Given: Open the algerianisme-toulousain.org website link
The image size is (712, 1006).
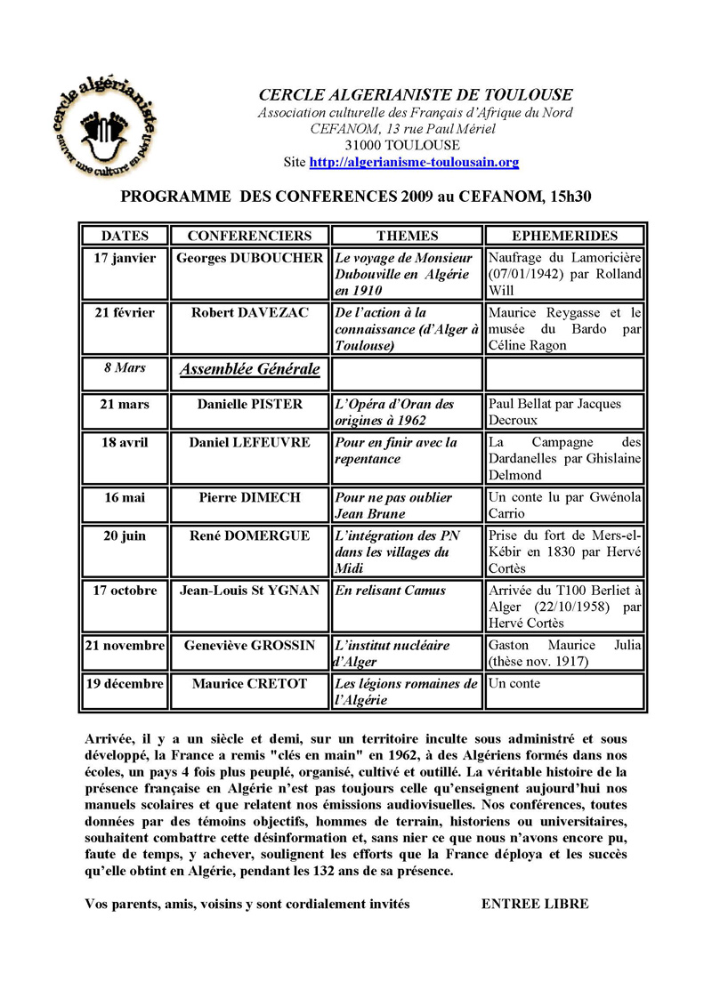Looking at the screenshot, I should tap(414, 163).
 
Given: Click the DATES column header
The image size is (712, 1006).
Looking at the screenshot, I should tap(125, 236).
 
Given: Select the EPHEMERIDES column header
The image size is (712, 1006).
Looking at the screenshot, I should tap(564, 236).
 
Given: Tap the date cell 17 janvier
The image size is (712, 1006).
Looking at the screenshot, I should tap(125, 258).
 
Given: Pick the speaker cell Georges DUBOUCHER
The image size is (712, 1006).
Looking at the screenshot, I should tap(249, 258).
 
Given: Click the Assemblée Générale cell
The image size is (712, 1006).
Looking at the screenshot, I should tap(250, 368).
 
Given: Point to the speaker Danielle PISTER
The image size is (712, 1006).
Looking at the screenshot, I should tap(249, 404).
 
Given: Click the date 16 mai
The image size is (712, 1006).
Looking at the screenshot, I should tap(125, 497).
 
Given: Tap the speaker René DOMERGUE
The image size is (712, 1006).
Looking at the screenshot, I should tap(249, 535).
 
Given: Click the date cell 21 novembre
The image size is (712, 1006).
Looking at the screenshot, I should tap(125, 645).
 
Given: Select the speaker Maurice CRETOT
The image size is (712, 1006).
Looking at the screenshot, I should tap(249, 684).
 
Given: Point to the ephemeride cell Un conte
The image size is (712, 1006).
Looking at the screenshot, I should tap(514, 684).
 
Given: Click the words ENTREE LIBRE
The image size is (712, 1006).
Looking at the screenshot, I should tap(535, 904).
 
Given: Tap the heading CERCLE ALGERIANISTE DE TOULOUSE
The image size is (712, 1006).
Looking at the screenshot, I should tap(416, 94).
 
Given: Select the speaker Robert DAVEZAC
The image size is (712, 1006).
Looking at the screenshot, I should tap(249, 312).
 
